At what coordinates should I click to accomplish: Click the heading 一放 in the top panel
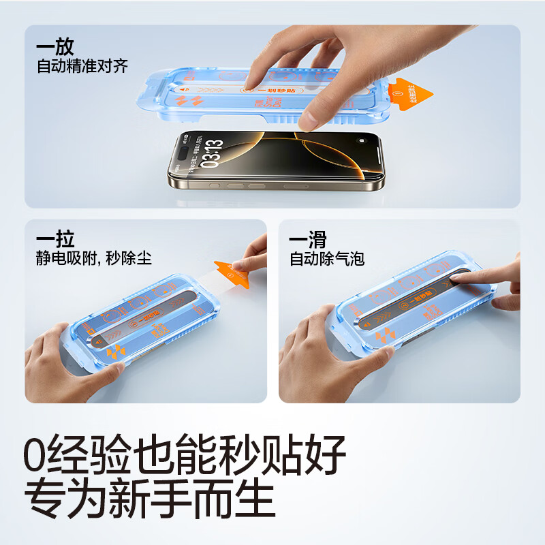pos(55,48)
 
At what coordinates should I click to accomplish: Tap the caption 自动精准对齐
pos(82,67)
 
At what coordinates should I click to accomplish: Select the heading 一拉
pos(55,240)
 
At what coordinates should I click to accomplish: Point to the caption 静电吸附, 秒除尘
pos(94,259)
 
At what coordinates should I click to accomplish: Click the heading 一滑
pos(309,240)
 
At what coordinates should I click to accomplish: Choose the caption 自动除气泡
pos(327,259)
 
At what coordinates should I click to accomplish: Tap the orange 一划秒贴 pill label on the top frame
pos(262,90)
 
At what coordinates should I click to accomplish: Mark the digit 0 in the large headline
pos(38,453)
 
